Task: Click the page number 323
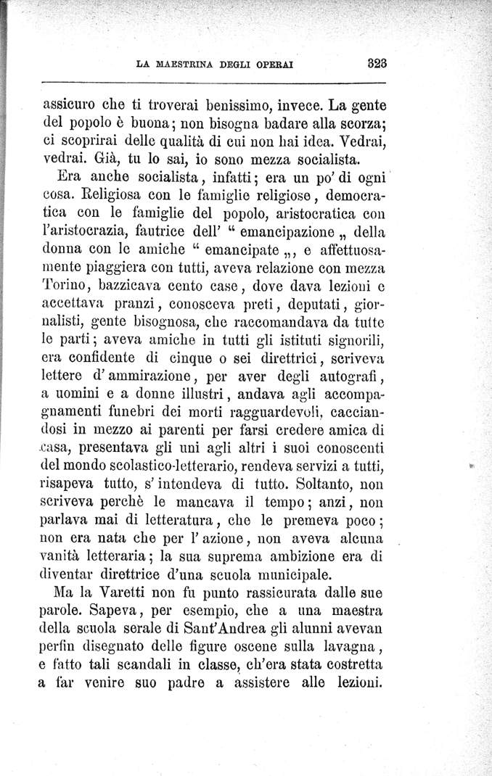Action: [x=378, y=62]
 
